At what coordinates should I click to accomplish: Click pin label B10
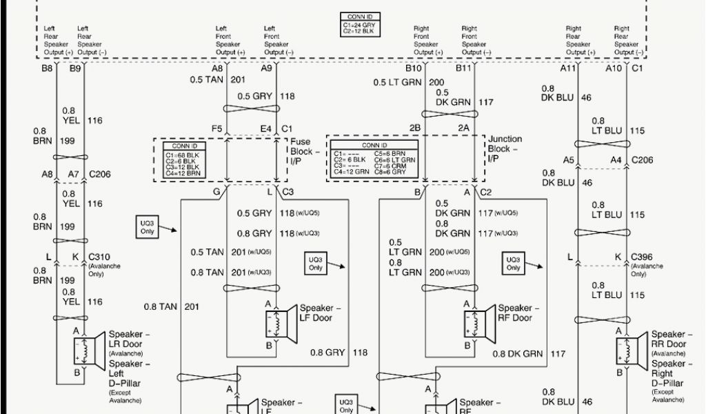pos(414,68)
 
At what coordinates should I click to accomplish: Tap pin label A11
pos(567,68)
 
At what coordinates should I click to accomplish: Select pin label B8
pos(48,68)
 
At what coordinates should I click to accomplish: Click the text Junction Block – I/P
pos(505,148)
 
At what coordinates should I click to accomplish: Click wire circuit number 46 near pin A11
pos(587,98)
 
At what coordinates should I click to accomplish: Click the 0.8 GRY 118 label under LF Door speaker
pos(338,353)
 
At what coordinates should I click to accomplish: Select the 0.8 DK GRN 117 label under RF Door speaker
pos(529,353)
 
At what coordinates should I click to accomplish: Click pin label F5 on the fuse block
pos(217,128)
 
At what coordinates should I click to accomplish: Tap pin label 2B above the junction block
pos(416,128)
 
